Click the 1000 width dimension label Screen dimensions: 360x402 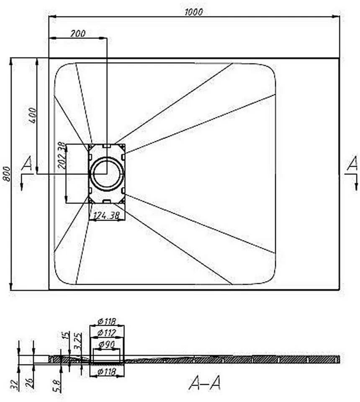pos(194,12)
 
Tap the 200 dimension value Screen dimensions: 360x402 pos(78,33)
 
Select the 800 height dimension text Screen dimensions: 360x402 pos(7,174)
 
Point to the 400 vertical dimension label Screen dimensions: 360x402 pos(33,116)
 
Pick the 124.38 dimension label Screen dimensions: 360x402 pos(106,216)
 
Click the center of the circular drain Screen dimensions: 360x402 pos(107,173)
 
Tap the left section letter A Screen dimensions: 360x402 pos(27,164)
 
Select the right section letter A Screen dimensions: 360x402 pos(352,163)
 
